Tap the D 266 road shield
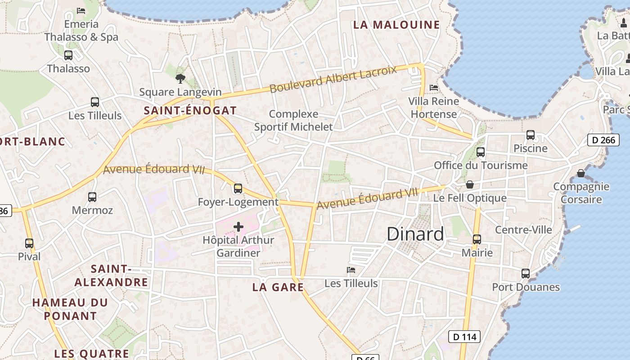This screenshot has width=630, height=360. pyautogui.click(x=603, y=140)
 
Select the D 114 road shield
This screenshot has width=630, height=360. pyautogui.click(x=464, y=337)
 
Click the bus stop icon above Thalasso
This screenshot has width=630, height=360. pyautogui.click(x=68, y=55)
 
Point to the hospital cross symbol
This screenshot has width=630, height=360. pyautogui.click(x=238, y=227)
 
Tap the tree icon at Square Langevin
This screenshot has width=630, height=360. pyautogui.click(x=180, y=79)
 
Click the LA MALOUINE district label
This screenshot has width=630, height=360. pyautogui.click(x=396, y=25)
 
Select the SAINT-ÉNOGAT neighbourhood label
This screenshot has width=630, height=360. pyautogui.click(x=190, y=110)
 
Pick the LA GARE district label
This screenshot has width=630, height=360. pyautogui.click(x=278, y=287)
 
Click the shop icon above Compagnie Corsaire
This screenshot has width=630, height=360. pyautogui.click(x=581, y=173)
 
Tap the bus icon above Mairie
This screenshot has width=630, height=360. pyautogui.click(x=477, y=239)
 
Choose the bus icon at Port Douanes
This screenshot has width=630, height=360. pyautogui.click(x=526, y=273)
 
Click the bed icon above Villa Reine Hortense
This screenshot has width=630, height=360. pyautogui.click(x=434, y=87)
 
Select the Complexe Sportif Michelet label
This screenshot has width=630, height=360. pyautogui.click(x=293, y=121)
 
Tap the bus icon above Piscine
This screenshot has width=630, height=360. pyautogui.click(x=531, y=135)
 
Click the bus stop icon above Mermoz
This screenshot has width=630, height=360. pyautogui.click(x=92, y=197)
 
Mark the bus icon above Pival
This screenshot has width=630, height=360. pyautogui.click(x=29, y=243)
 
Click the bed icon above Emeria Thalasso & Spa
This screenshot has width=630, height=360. pyautogui.click(x=81, y=10)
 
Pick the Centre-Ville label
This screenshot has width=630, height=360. pyautogui.click(x=523, y=230)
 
